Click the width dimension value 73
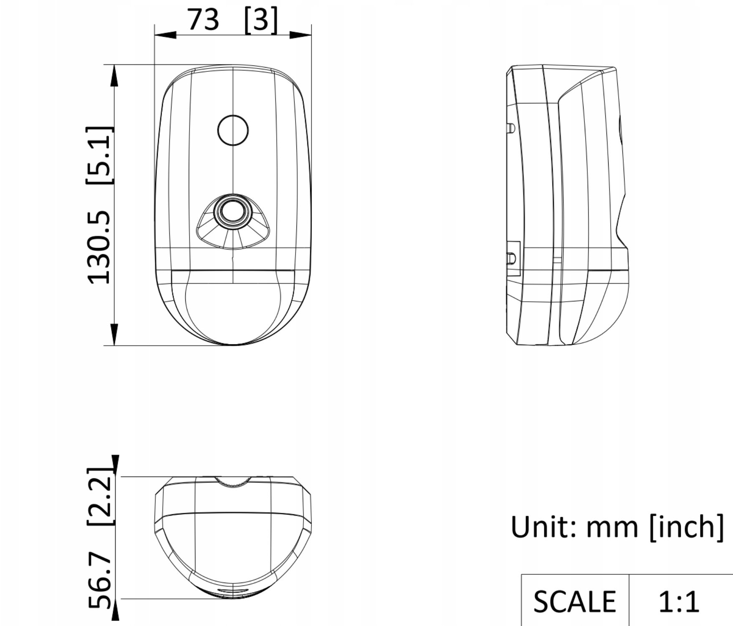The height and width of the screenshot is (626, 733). (203, 20)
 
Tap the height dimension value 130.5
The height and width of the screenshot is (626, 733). (99, 247)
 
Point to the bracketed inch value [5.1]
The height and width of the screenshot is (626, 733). (99, 155)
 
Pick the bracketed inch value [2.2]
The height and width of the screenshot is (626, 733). (100, 497)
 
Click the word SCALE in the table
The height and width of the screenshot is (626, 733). (574, 601)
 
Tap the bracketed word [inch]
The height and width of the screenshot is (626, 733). (687, 528)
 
